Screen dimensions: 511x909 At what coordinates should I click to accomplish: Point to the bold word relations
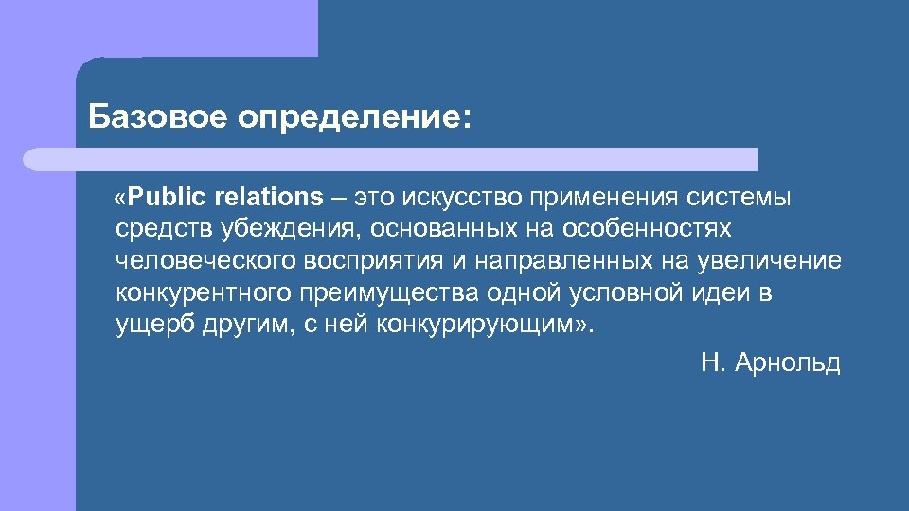[x=270, y=197]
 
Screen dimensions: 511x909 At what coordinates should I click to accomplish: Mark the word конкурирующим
[x=486, y=325]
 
